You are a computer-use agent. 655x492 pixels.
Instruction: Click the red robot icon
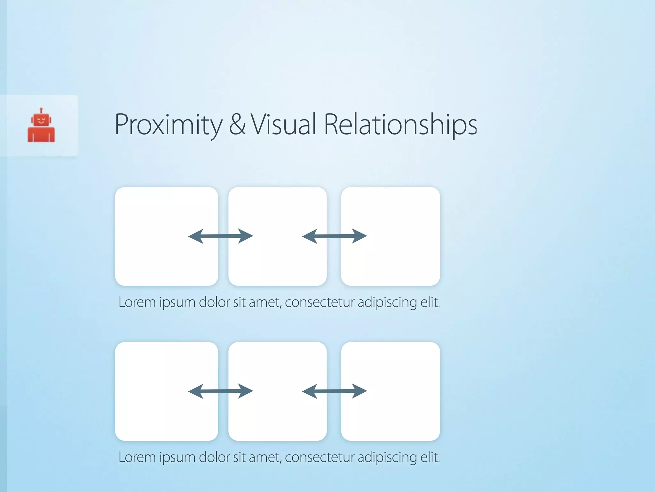(x=41, y=127)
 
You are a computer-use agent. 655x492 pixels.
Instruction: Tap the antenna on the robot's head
(x=41, y=110)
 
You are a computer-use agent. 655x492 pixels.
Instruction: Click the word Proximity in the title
(x=168, y=125)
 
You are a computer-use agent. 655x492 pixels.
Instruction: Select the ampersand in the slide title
(x=237, y=124)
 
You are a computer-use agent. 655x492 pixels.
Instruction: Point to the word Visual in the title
(x=283, y=124)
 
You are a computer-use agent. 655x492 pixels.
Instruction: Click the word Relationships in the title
(x=400, y=125)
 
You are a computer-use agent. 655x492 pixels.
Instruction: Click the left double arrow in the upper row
(x=221, y=236)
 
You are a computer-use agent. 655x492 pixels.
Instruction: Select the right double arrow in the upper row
(x=335, y=236)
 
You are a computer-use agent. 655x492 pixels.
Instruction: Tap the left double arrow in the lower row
(x=221, y=391)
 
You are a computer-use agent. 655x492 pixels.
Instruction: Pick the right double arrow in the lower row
(x=335, y=391)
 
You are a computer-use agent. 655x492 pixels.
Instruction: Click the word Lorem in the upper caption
(x=137, y=302)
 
